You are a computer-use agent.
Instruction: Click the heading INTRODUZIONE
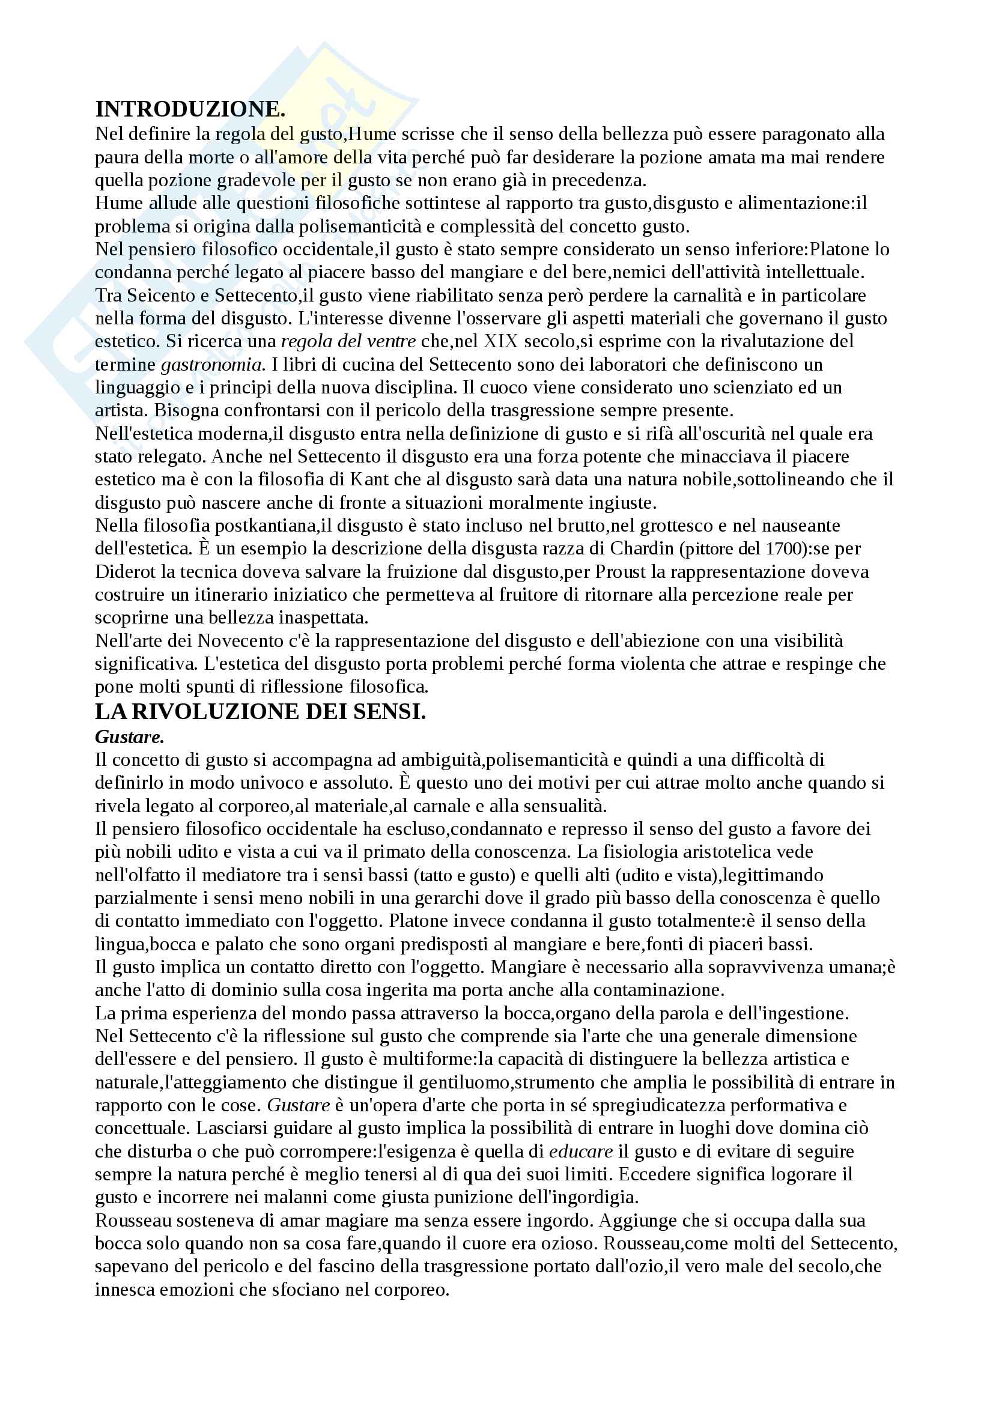click(x=190, y=109)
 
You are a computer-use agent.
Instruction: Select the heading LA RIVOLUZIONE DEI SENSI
click(x=260, y=712)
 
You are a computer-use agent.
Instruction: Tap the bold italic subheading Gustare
click(x=130, y=737)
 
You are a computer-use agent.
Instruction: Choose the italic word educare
click(x=581, y=1151)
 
